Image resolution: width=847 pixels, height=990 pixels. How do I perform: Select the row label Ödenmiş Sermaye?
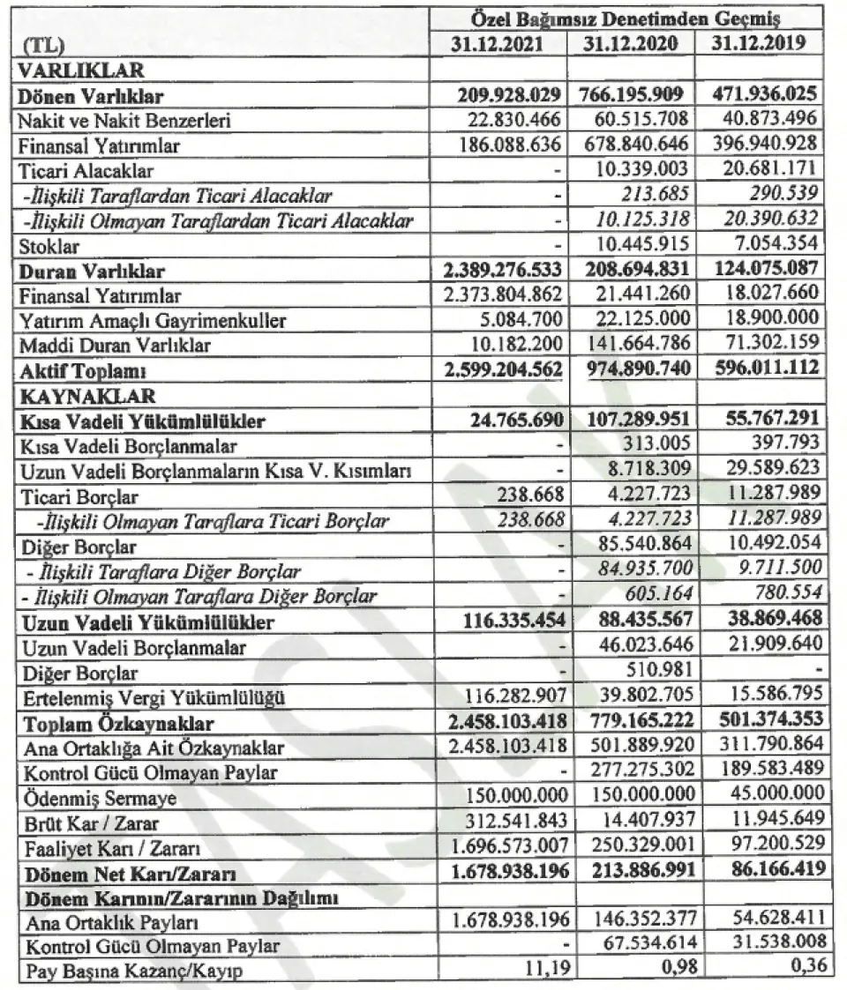(101, 798)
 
